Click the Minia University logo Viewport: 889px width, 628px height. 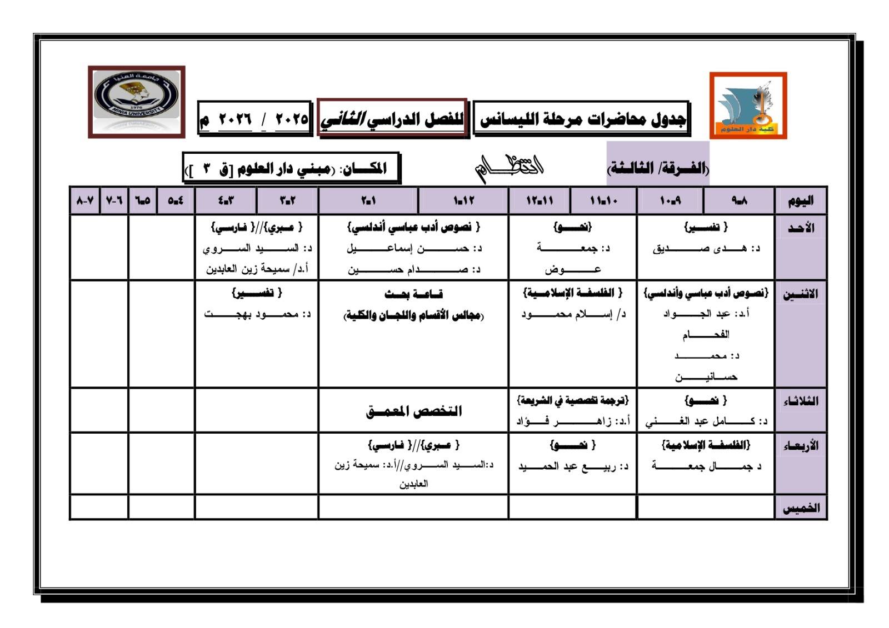(x=136, y=102)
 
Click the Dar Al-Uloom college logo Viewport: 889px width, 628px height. (x=748, y=105)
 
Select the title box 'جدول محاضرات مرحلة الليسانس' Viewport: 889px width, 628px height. (x=581, y=118)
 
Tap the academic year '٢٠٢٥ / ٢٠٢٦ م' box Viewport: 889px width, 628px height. (x=254, y=119)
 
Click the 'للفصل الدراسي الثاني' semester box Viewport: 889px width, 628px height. (x=392, y=118)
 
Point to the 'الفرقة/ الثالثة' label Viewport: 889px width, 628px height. (x=658, y=168)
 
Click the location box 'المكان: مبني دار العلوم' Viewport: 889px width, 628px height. (x=291, y=168)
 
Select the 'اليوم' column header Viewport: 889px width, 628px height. (x=800, y=200)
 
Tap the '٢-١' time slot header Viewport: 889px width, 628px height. (x=368, y=200)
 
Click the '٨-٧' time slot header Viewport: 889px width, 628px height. (x=85, y=200)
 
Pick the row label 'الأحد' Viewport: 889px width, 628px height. (x=801, y=228)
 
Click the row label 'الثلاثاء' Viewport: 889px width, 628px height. (x=800, y=401)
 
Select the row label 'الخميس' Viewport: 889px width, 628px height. (x=801, y=508)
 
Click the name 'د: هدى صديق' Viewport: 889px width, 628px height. (x=706, y=249)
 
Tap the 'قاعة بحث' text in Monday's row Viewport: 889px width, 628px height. (x=413, y=294)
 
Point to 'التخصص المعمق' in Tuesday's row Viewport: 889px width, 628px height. (x=413, y=411)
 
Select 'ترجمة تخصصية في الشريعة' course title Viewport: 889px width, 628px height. (x=572, y=400)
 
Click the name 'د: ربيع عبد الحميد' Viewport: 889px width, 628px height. (x=573, y=467)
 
